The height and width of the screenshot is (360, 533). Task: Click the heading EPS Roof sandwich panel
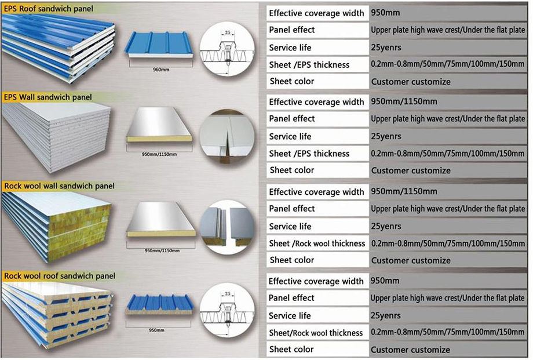pos(48,9)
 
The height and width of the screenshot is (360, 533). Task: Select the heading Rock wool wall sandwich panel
pos(59,186)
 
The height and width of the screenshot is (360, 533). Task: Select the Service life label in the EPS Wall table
pos(290,136)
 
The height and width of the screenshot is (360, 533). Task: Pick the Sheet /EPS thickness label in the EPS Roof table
pos(309,64)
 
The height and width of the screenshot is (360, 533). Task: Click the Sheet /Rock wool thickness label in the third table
pos(317,243)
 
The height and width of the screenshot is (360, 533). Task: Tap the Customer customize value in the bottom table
pos(410,350)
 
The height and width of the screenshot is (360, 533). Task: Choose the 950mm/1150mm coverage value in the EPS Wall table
pos(403,102)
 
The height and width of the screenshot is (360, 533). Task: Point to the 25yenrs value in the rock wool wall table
pos(386,226)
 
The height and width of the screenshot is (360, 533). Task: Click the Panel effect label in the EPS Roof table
pos(291,30)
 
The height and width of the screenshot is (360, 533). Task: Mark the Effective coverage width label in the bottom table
pos(316,281)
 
